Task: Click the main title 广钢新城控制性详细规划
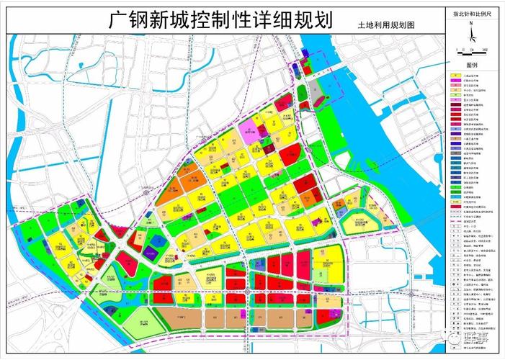pos(220,19)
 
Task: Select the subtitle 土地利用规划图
pos(386,24)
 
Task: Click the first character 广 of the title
pos(118,19)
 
